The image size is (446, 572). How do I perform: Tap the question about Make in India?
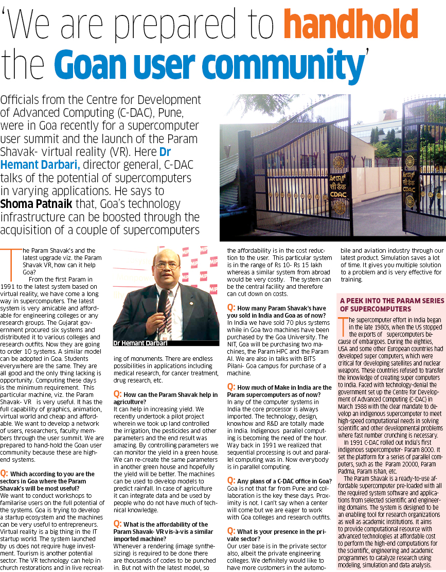[x=279, y=390]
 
